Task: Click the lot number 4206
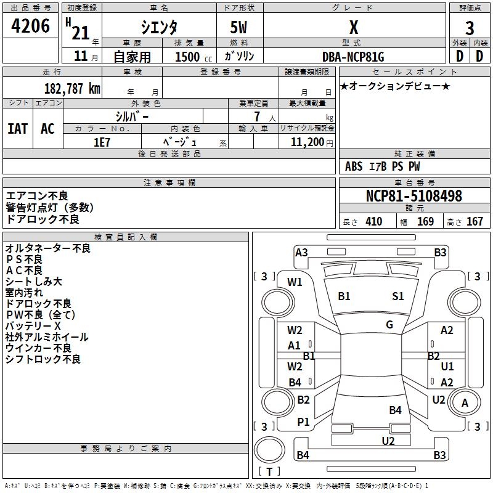(x=31, y=25)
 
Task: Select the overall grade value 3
(x=470, y=28)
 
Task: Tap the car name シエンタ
(x=160, y=27)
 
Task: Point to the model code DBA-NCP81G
(x=353, y=57)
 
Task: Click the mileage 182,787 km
(x=72, y=88)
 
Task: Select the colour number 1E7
(x=102, y=142)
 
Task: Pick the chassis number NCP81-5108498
(x=414, y=196)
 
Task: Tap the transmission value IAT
(x=18, y=129)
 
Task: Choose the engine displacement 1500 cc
(x=191, y=57)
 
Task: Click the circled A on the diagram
(x=465, y=404)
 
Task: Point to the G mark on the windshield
(x=389, y=325)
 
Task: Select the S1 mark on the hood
(x=398, y=296)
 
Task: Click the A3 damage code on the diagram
(x=301, y=252)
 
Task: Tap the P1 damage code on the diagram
(x=303, y=422)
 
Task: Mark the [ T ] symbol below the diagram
(x=269, y=471)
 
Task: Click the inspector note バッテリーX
(x=33, y=325)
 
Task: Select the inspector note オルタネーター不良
(x=48, y=248)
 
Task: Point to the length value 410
(x=373, y=222)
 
